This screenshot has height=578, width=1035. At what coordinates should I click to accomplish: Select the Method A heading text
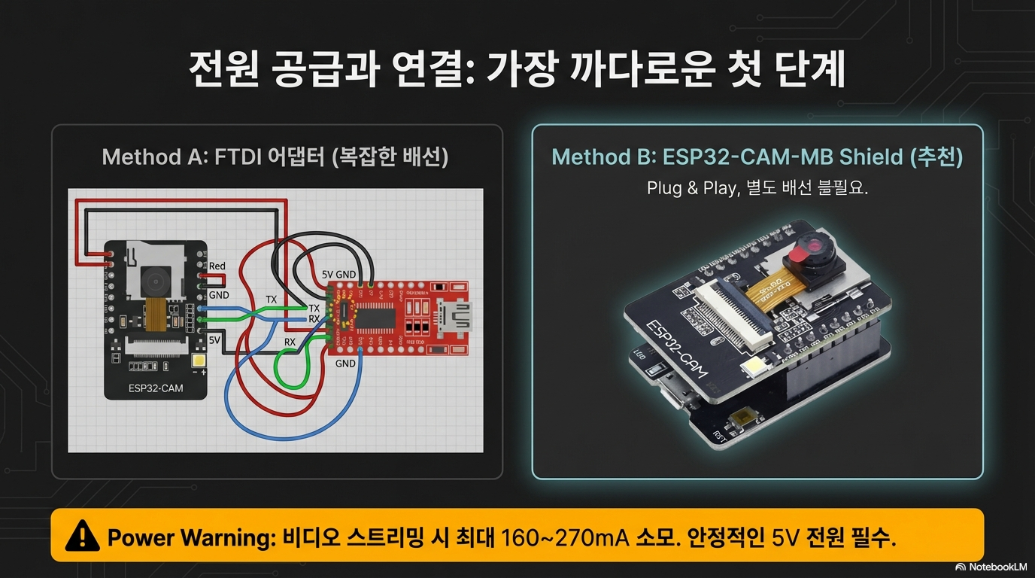tap(275, 157)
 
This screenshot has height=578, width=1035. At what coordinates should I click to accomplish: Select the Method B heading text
tap(757, 157)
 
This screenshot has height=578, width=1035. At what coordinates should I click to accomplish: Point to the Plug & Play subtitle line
tap(757, 188)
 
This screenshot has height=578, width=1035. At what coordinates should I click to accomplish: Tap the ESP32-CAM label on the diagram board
tap(156, 389)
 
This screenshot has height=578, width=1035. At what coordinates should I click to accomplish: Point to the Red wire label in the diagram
tap(217, 266)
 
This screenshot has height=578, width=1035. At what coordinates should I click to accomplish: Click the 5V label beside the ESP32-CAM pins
tap(214, 339)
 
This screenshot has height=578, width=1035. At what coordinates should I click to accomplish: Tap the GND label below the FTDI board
tap(345, 364)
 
